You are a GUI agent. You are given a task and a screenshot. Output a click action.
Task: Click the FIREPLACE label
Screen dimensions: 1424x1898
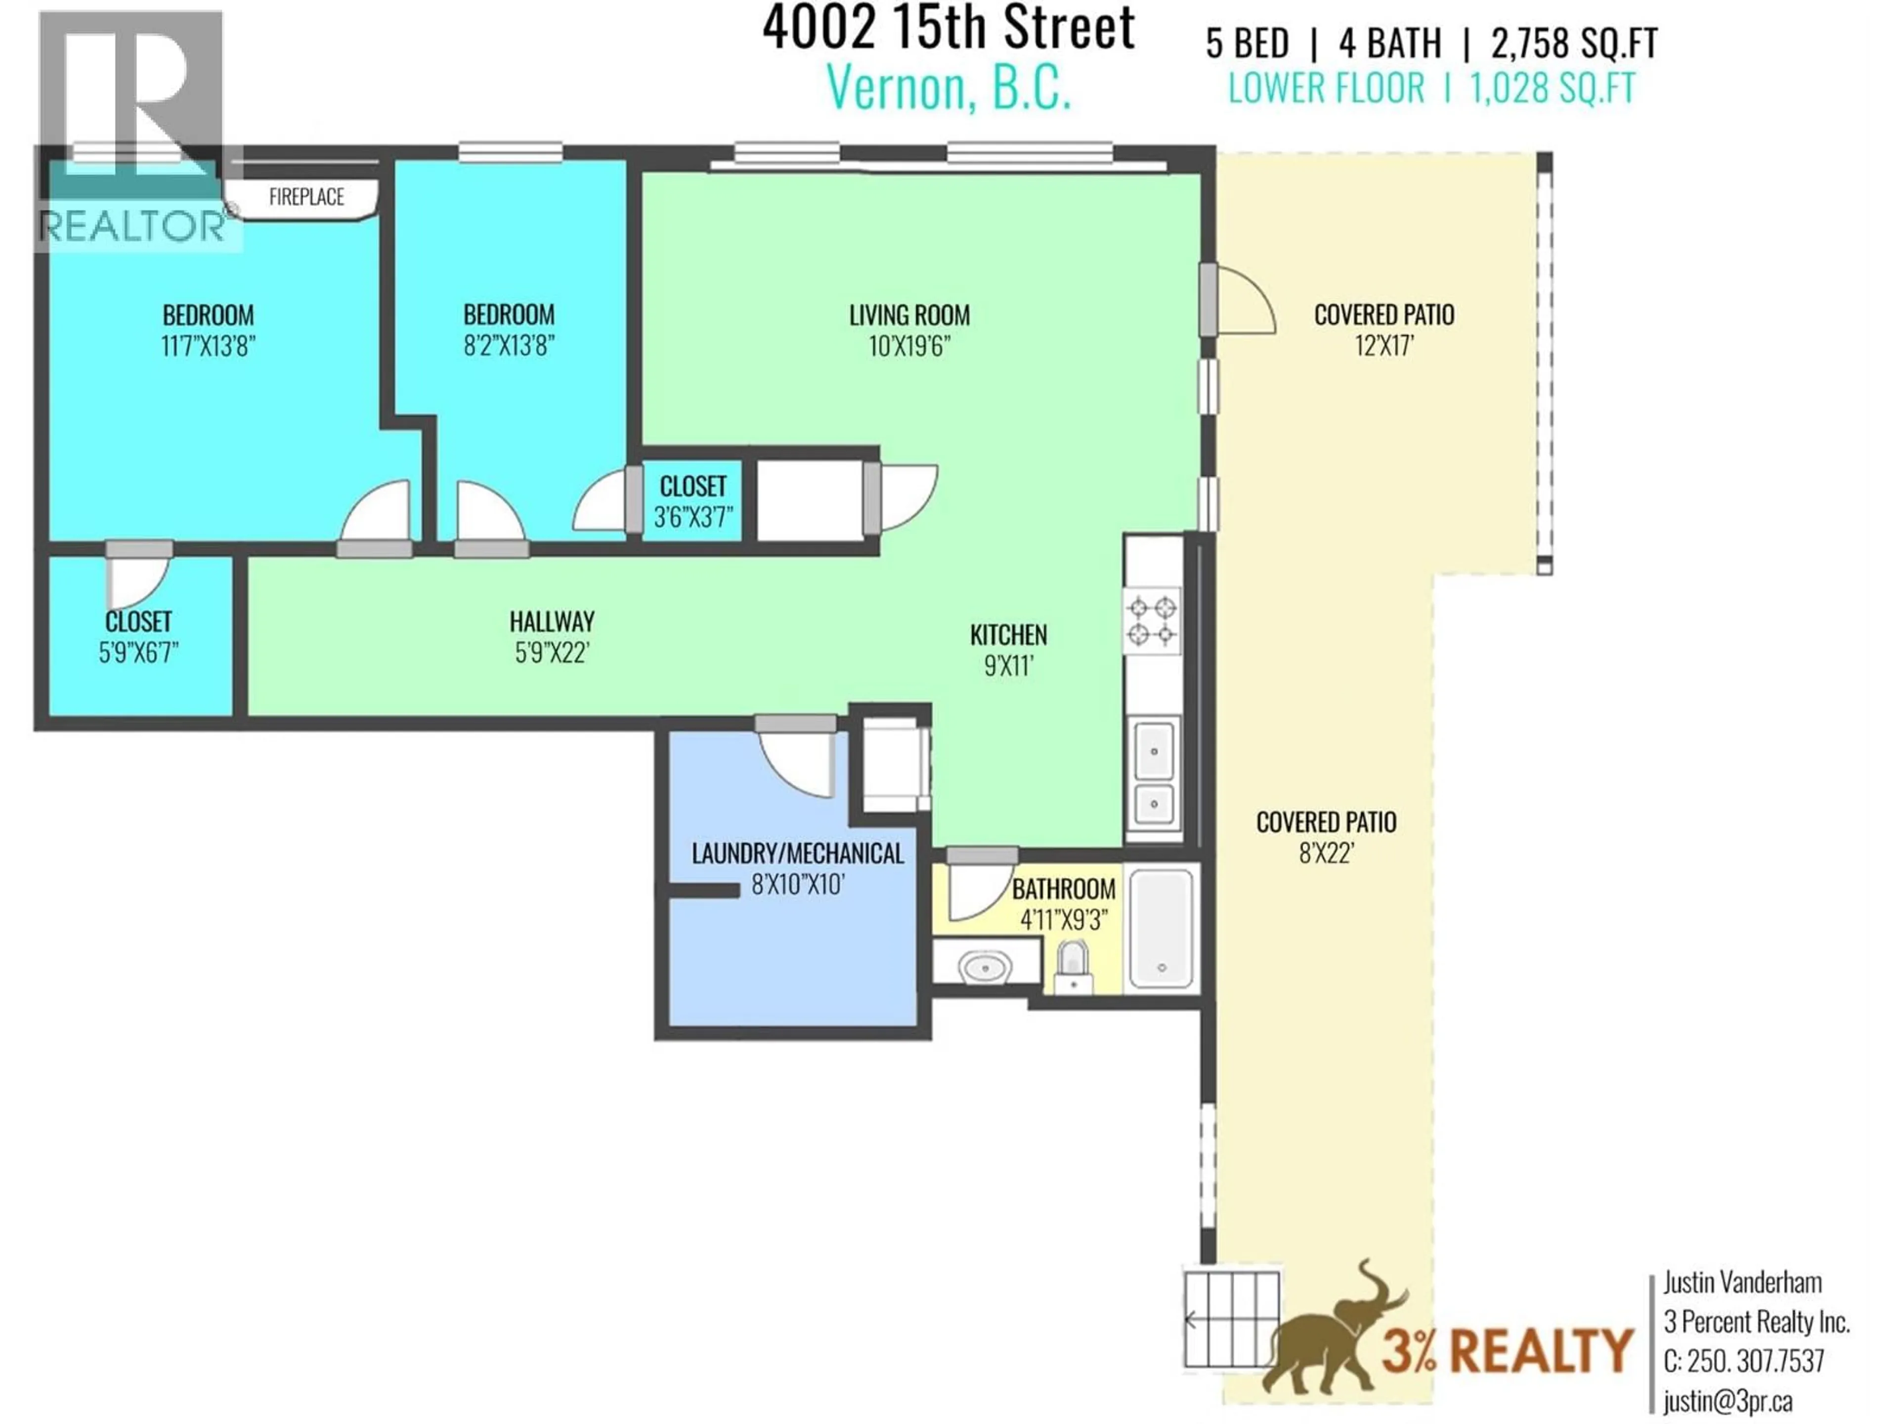click(306, 197)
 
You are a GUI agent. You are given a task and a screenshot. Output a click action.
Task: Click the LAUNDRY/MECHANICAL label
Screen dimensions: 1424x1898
click(797, 853)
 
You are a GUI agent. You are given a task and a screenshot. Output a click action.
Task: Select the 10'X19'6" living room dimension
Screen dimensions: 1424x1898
click(908, 347)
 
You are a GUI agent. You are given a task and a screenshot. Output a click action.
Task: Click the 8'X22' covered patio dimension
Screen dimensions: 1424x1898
click(1326, 854)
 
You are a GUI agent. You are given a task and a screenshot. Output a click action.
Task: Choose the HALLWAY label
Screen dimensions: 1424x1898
click(552, 622)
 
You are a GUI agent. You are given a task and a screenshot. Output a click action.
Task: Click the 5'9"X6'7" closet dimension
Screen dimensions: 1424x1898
click(138, 653)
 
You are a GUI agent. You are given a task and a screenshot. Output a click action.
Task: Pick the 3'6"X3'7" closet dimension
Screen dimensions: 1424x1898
click(692, 518)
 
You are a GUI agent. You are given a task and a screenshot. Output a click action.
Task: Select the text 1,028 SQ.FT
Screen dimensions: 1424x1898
click(1553, 89)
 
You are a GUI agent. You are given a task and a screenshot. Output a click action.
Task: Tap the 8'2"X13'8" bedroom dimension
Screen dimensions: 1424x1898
click(509, 346)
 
